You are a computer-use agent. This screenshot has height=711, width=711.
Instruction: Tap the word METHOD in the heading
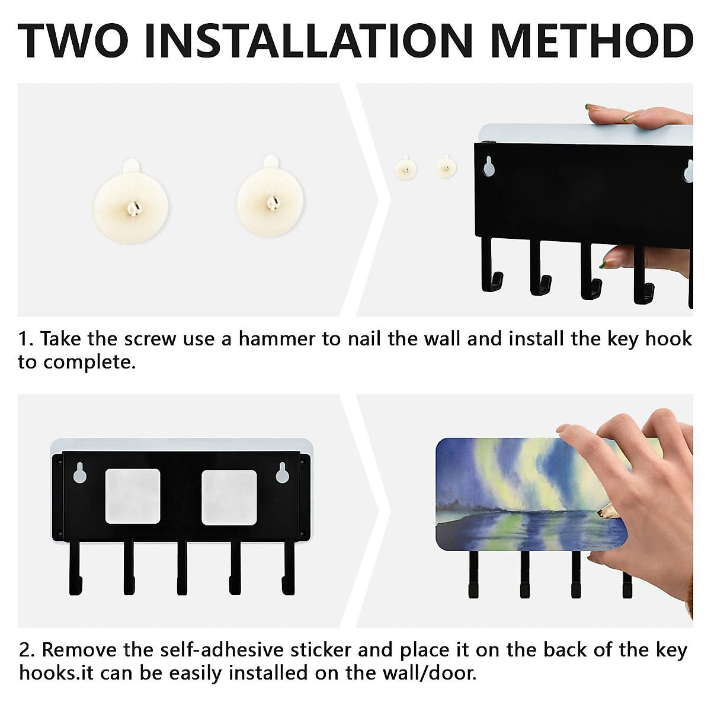pos(592,41)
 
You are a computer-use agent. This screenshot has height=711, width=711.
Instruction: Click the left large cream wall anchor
pos(131,201)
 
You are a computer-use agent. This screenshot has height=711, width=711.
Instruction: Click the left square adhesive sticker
pos(133,497)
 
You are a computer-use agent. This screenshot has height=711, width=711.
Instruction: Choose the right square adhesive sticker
pos(229,497)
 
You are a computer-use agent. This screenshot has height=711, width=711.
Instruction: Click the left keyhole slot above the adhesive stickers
pos(80,473)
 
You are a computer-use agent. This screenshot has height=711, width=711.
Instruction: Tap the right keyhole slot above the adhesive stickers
pos(283,473)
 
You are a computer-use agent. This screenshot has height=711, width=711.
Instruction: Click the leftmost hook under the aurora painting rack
pos(473,579)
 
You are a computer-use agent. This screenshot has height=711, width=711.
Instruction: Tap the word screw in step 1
pos(150,340)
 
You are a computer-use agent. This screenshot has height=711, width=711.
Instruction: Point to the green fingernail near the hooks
pos(604,264)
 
